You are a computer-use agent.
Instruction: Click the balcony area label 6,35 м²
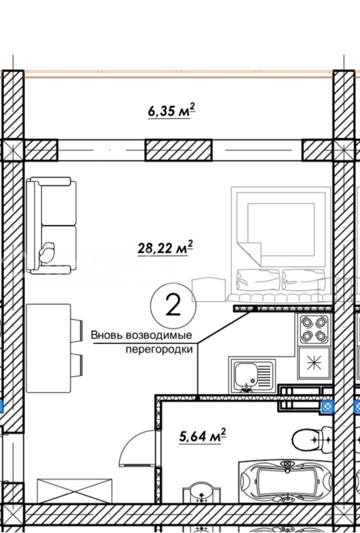[172, 111]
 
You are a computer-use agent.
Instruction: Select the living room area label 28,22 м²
[166, 248]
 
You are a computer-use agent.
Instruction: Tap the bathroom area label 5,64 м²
[203, 436]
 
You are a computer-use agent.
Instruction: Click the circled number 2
[173, 305]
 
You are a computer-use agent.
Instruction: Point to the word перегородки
[159, 349]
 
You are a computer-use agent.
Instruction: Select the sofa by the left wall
[52, 226]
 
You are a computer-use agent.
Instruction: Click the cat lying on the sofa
[47, 252]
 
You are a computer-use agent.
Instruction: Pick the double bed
[281, 244]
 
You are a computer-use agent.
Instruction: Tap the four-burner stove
[314, 329]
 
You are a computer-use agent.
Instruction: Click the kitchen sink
[252, 375]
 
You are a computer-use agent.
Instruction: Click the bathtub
[285, 481]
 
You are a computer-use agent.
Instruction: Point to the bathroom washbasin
[202, 492]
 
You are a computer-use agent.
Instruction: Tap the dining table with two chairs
[54, 348]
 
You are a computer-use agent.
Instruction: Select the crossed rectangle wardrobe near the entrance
[75, 491]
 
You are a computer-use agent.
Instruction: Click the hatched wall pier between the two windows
[178, 150]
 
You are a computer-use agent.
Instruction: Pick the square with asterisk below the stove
[314, 362]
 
